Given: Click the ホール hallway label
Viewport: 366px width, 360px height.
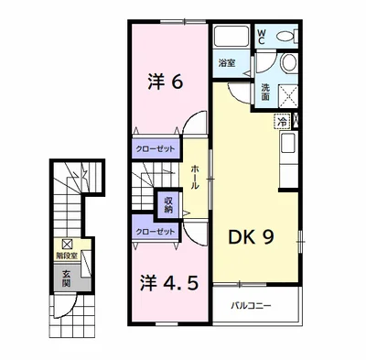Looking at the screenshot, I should coord(195,173).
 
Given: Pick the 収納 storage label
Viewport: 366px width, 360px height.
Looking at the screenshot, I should coord(168,204).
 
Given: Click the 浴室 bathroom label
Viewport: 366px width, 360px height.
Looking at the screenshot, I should coord(226,63).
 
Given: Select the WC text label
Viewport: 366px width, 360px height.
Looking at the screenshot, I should coord(262,37).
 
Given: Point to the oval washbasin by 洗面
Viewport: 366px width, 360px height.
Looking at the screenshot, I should coord(288,63).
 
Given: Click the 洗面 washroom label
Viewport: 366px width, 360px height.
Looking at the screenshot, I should coord(264,91).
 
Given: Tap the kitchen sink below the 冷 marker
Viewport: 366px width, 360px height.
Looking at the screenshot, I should coord(287,143).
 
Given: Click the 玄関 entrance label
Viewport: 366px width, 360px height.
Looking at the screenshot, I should coord(67,278).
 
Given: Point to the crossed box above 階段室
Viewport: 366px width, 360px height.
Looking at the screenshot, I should coord(67,244).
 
